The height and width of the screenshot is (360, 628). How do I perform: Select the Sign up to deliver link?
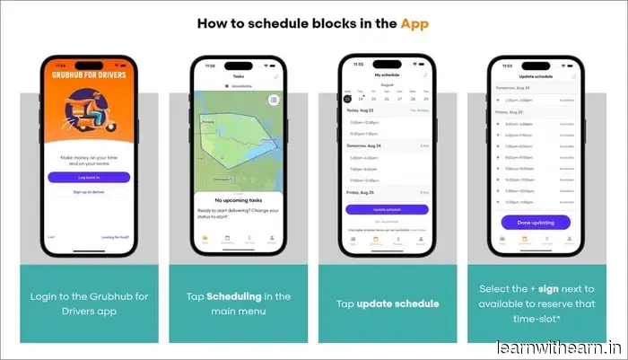pyautogui.click(x=89, y=192)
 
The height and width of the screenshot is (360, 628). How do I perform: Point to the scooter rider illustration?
pyautogui.click(x=90, y=117)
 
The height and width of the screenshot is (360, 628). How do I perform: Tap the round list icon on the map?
pyautogui.click(x=274, y=101)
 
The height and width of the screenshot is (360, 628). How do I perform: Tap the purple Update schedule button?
pyautogui.click(x=388, y=209)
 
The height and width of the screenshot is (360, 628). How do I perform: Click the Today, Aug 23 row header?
pyautogui.click(x=364, y=110)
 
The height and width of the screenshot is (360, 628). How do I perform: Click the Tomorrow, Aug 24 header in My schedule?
pyautogui.click(x=367, y=145)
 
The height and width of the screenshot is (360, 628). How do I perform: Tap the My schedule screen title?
pyautogui.click(x=388, y=75)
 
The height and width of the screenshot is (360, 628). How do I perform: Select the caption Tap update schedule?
pyautogui.click(x=388, y=303)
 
